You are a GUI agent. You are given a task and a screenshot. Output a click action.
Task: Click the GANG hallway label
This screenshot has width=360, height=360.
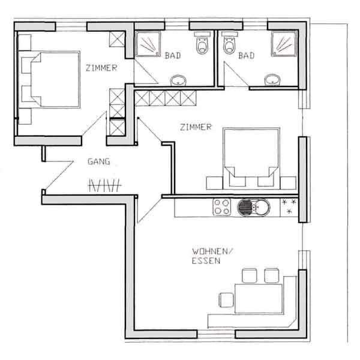click(x=99, y=161)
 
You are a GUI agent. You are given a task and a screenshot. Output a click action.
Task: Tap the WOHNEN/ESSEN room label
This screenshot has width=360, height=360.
click(x=212, y=256)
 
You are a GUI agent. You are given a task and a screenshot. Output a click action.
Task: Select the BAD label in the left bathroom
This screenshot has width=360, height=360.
click(x=173, y=56)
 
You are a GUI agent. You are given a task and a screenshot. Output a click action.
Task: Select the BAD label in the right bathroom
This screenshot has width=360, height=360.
click(x=247, y=56)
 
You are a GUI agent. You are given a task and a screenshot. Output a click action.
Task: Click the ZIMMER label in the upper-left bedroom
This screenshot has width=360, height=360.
click(x=101, y=68)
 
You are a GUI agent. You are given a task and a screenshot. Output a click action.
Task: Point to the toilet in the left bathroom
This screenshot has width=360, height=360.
click(x=202, y=43)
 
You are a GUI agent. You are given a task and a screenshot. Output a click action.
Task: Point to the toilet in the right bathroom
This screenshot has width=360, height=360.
click(x=230, y=43)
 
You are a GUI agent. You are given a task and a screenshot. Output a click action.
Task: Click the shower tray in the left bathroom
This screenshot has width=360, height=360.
click(x=148, y=44)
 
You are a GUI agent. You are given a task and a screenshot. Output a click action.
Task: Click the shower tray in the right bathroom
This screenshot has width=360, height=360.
click(x=284, y=44)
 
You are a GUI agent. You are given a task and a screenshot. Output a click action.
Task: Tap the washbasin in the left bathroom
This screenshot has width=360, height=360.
click(x=178, y=80)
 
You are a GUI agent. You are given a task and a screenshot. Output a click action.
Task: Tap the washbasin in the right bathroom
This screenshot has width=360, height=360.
click(x=272, y=80)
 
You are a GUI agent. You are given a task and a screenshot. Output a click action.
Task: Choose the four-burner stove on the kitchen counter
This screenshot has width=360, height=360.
click(x=222, y=207)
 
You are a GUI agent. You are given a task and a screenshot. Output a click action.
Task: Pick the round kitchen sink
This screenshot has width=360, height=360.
click(x=253, y=208)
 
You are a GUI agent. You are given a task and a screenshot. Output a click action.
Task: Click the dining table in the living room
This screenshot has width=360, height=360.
click(x=259, y=299)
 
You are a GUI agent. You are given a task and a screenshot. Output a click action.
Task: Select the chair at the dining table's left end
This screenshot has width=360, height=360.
click(x=226, y=300)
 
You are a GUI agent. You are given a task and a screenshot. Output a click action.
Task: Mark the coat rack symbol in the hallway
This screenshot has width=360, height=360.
click(x=104, y=185)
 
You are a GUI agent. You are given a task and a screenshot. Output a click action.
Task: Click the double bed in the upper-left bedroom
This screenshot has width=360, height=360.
click(x=55, y=79)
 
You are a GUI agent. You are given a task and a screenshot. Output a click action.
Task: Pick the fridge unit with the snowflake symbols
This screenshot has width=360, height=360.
click(x=289, y=208)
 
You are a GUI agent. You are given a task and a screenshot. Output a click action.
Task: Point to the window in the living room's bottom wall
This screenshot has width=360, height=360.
click(x=216, y=334)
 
